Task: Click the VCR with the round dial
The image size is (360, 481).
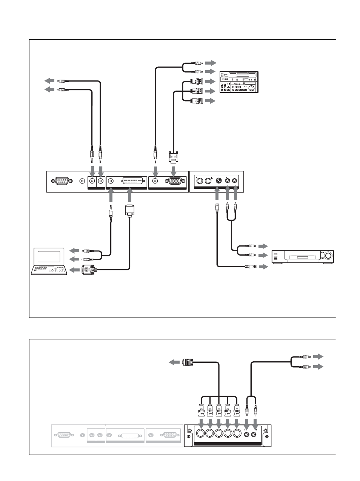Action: coord(303,257)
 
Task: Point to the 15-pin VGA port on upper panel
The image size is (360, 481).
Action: coord(173,181)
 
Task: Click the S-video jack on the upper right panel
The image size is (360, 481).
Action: coord(218,181)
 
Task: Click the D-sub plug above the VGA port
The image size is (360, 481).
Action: coord(173,156)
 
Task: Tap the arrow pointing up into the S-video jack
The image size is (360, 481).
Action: coord(217,194)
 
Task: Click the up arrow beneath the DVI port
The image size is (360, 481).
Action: coord(129,196)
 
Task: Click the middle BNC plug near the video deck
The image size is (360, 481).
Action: coord(197,91)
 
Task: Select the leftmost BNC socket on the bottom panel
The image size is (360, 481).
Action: coord(200,433)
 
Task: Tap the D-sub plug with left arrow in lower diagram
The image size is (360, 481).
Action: coord(188,362)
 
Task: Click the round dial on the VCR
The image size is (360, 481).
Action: coord(328,256)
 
